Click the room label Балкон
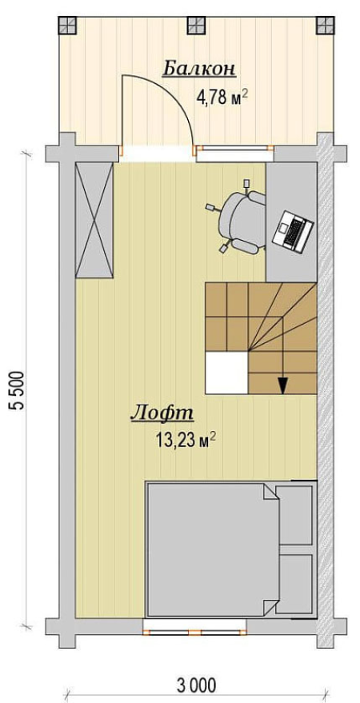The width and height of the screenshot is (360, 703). coord(198,70)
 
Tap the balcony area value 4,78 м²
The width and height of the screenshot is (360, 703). coord(222,97)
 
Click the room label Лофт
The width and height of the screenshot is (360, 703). coord(162,413)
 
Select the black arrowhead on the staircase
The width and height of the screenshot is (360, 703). coord(282,385)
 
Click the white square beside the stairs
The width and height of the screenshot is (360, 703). coord(226,373)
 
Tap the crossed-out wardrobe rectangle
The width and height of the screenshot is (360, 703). coord(94,220)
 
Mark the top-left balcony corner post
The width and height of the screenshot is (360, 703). coord(67,26)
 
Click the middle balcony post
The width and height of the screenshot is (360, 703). coord(196,26)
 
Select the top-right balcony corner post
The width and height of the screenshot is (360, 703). coord(325,26)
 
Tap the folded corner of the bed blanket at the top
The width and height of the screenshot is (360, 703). coord(270,493)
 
